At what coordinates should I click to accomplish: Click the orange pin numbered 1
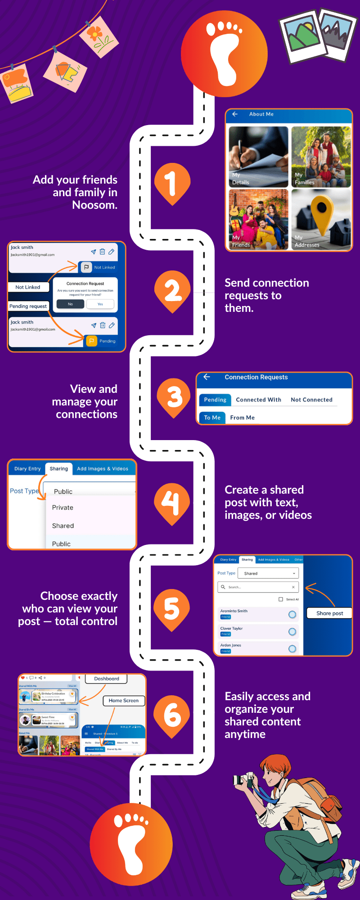point(172,182)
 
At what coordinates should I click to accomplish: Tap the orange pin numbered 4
point(172,502)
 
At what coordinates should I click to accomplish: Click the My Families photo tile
point(320,157)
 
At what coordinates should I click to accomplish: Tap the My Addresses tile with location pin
point(320,219)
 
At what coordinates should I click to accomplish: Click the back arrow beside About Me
point(235,114)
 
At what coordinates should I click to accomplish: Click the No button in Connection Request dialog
point(70,304)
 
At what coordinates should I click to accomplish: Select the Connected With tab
point(258,400)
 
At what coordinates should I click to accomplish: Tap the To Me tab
point(212,418)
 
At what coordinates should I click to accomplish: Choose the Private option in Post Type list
point(63,508)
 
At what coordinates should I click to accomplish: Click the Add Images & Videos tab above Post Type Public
point(103,469)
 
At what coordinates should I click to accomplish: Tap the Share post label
point(329,613)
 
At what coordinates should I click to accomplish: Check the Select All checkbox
point(281,599)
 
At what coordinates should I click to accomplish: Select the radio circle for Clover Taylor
point(292,632)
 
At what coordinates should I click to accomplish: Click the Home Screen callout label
point(123,701)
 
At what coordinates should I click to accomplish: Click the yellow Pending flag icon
point(91,341)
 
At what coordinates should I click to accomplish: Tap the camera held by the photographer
point(244,780)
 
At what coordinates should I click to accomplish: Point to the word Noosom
point(94,205)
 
